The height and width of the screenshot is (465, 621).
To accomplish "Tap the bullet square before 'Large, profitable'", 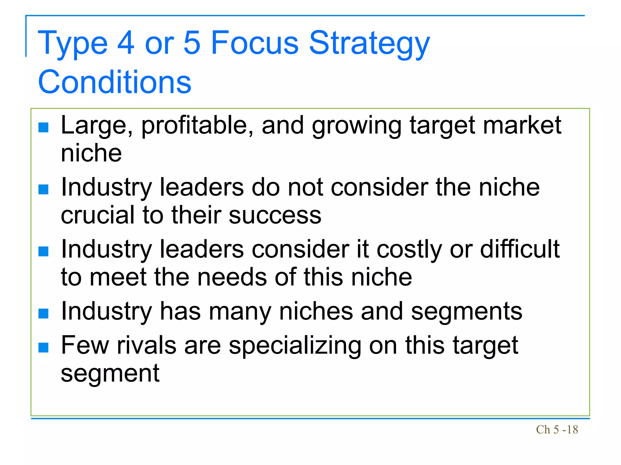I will tap(44, 127).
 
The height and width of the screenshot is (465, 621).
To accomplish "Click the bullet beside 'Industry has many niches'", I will tap(44, 313).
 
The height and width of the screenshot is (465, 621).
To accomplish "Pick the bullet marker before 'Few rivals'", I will tap(44, 348).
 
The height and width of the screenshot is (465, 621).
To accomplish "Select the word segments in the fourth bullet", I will tap(466, 312).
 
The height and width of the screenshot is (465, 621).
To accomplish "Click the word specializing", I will tap(295, 346).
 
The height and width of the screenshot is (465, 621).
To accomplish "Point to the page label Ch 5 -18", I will tap(557, 430).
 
